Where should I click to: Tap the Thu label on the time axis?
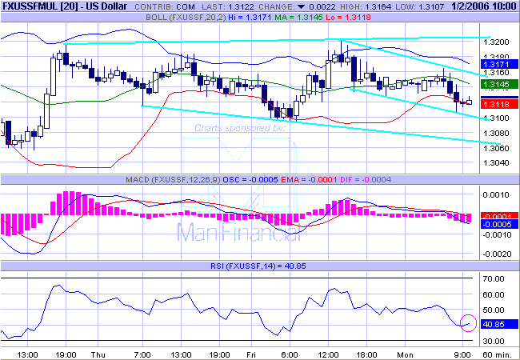pyautogui.click(x=98, y=353)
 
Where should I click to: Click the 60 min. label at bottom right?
pyautogui.click(x=499, y=353)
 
